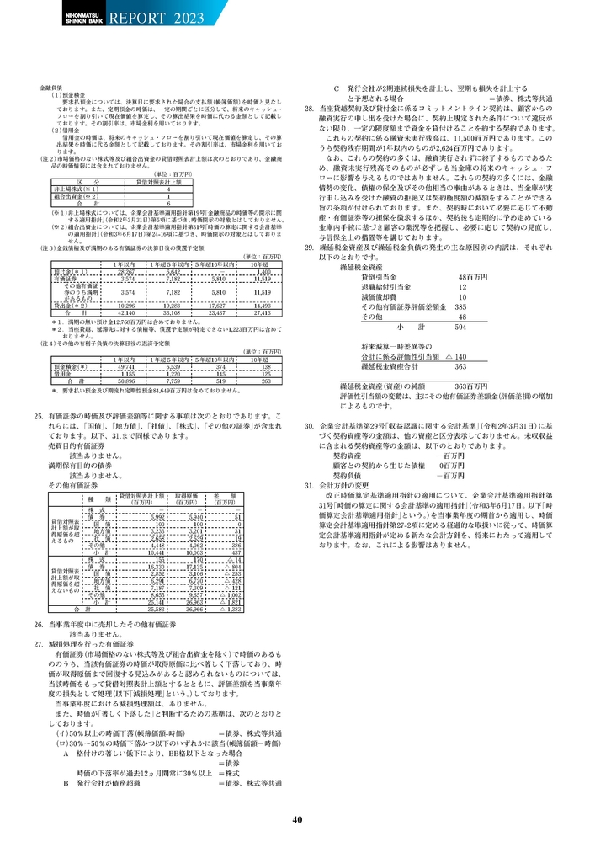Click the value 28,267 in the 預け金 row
[x=125, y=249]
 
